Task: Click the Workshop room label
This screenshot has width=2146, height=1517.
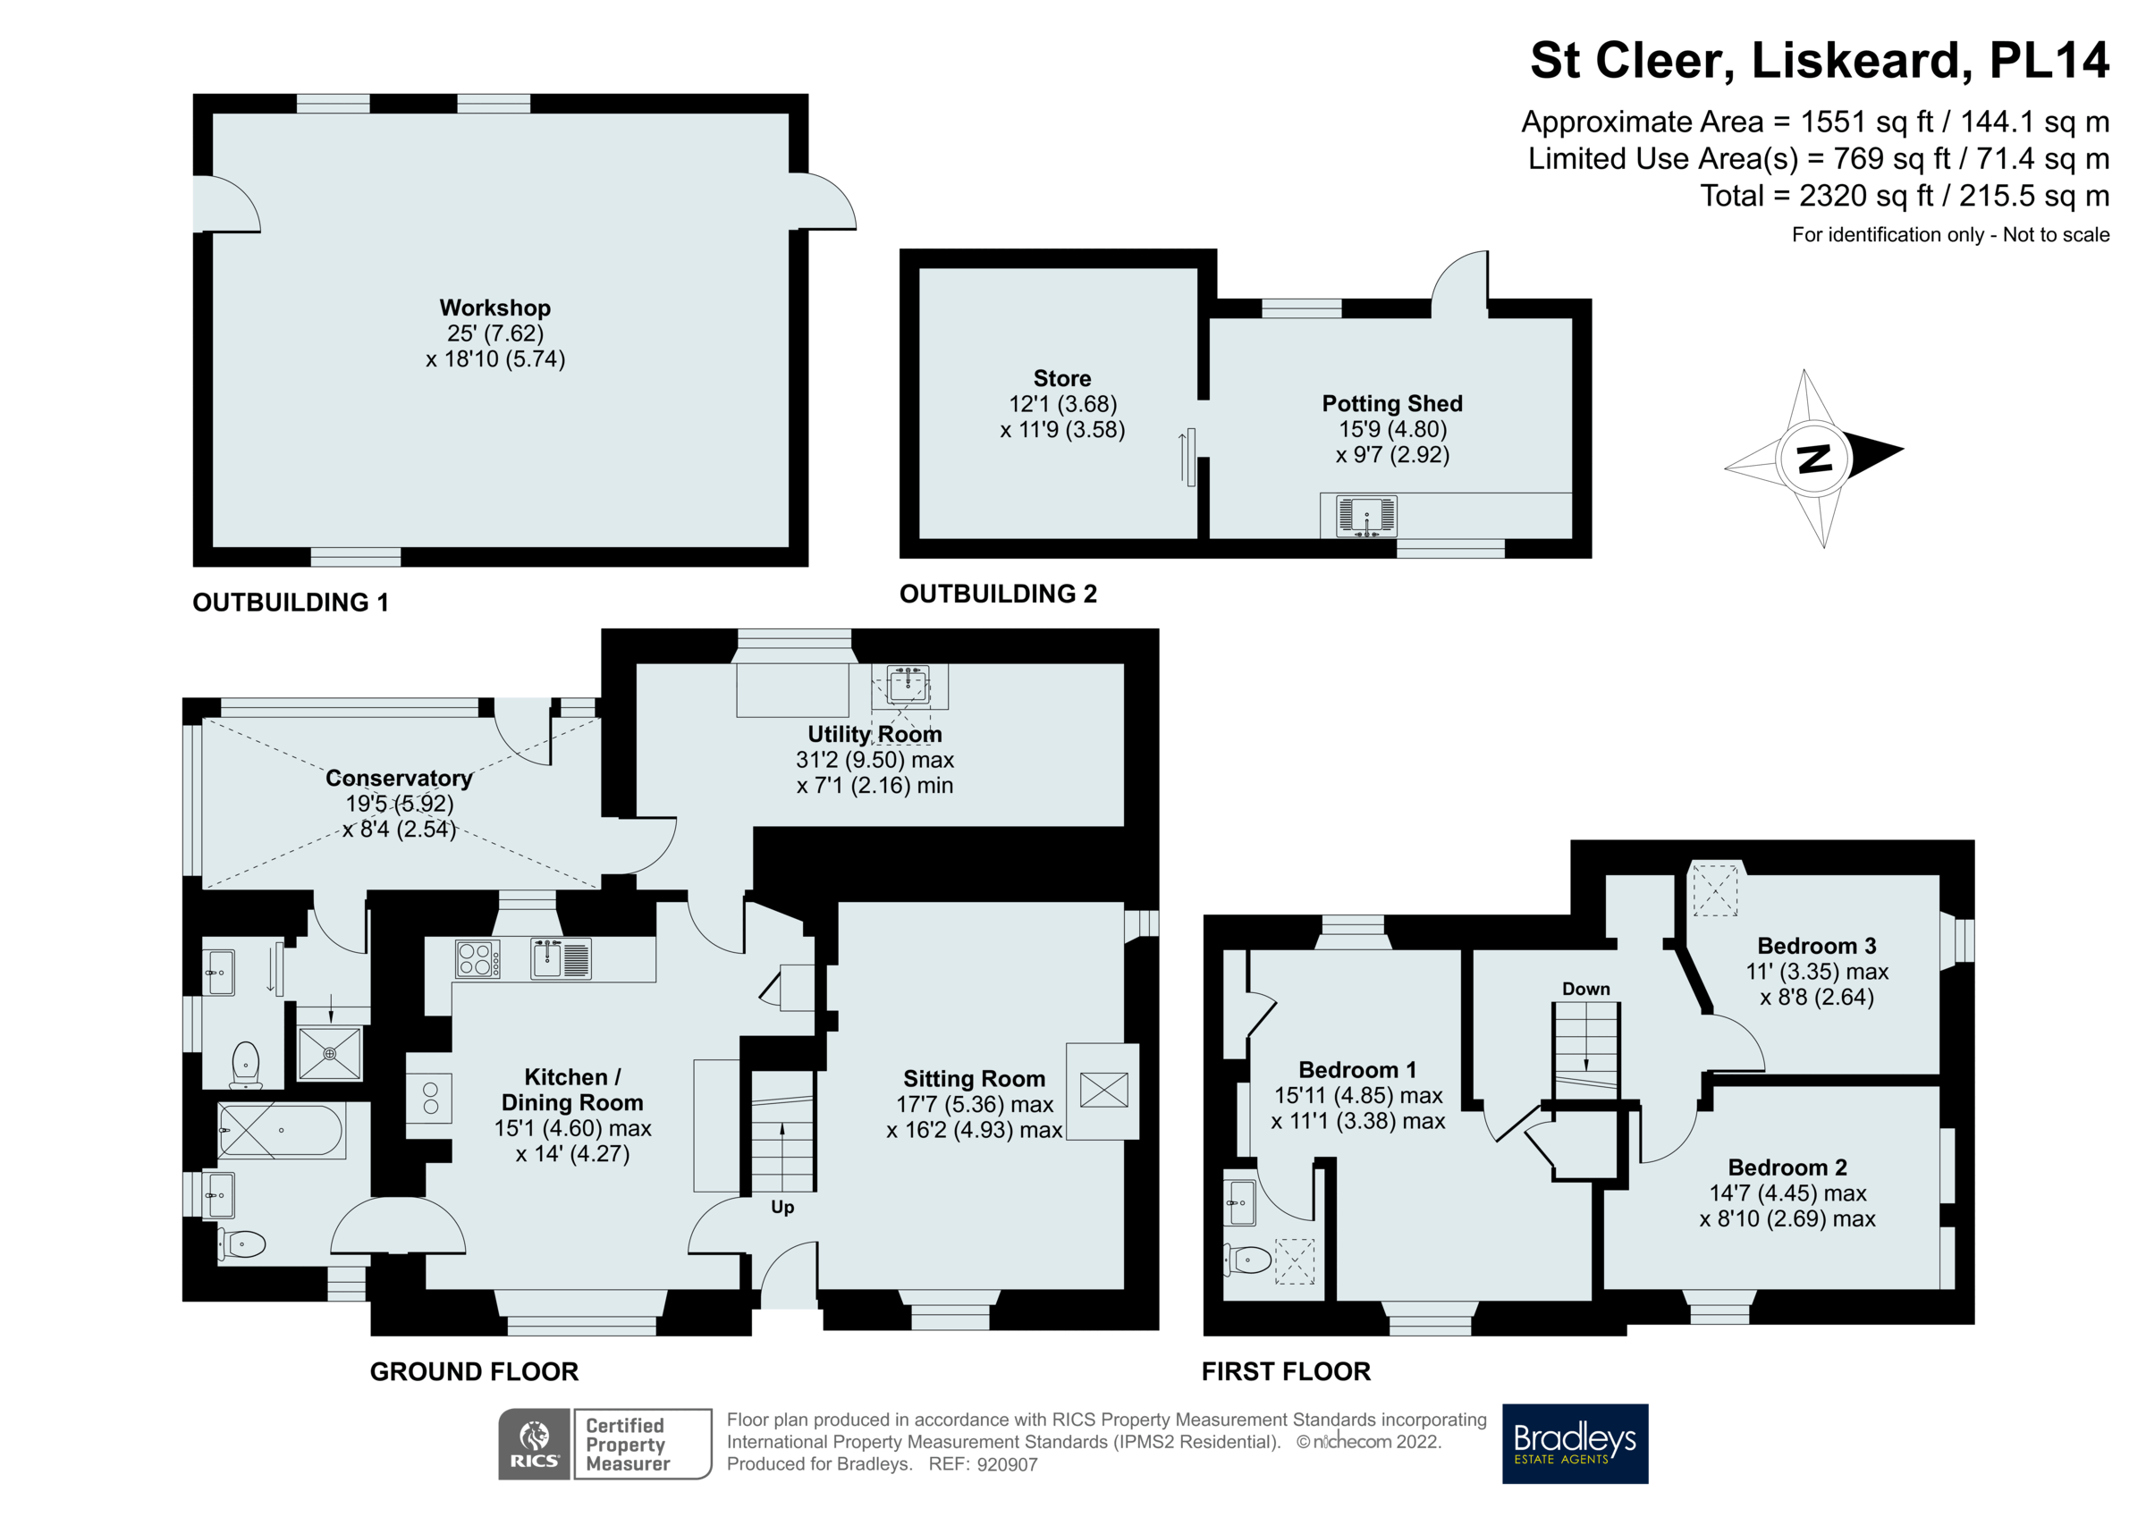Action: [494, 308]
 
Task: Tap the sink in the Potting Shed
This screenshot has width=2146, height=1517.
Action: [1365, 516]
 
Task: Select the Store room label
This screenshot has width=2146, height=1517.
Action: [1061, 378]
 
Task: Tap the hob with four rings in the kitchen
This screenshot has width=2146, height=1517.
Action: [477, 959]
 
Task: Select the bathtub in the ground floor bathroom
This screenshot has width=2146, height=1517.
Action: [281, 1131]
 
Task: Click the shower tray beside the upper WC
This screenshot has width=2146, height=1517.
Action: [329, 1053]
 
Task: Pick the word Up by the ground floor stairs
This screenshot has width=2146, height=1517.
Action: [782, 1207]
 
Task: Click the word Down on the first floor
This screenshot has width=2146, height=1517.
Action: [1585, 989]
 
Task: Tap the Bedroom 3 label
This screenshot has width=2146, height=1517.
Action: [1816, 946]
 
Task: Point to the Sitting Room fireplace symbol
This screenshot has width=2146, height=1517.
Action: [1103, 1090]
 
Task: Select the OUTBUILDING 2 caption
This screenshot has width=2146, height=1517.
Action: [997, 594]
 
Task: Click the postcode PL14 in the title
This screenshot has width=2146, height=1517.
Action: [2048, 61]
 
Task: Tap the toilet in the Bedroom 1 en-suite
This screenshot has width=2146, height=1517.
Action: [1250, 1260]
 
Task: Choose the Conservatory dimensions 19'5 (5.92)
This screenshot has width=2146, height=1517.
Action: [399, 804]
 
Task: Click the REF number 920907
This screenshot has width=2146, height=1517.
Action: [1007, 1464]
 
